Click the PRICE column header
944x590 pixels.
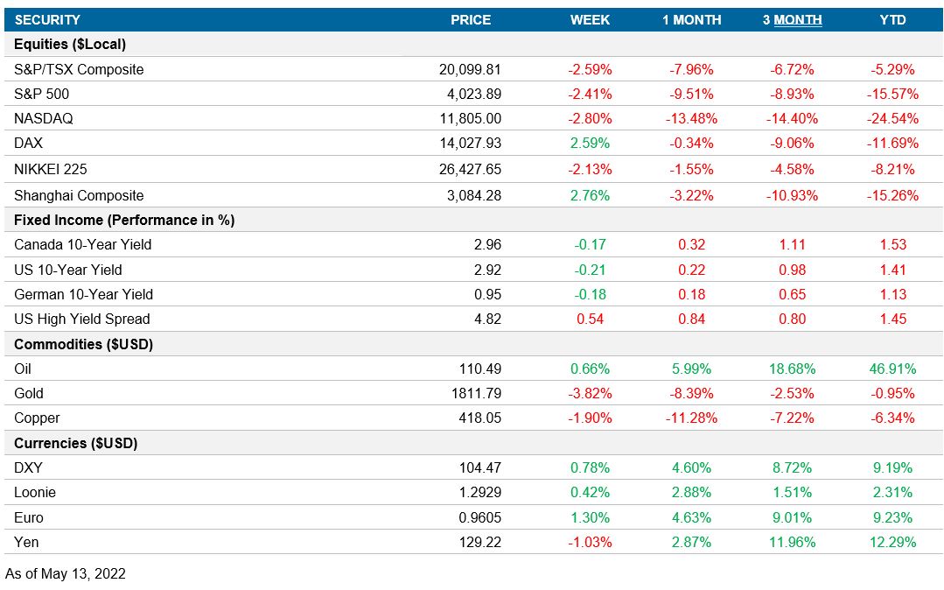(x=471, y=19)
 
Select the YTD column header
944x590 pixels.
(x=893, y=19)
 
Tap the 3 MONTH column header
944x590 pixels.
(x=792, y=19)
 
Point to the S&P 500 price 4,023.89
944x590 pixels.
(x=471, y=94)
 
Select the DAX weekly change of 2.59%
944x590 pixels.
(x=591, y=143)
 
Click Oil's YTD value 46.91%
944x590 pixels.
(x=893, y=369)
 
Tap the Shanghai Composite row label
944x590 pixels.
(x=79, y=195)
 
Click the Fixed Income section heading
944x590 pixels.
(x=124, y=220)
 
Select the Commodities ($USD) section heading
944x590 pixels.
(x=84, y=344)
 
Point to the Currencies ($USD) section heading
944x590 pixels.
(x=76, y=443)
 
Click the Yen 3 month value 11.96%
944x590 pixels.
(x=792, y=542)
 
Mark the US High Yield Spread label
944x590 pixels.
(x=82, y=319)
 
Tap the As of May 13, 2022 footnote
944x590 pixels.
(x=66, y=574)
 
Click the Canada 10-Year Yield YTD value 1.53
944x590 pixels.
(x=893, y=244)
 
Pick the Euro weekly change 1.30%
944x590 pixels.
(x=591, y=517)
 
